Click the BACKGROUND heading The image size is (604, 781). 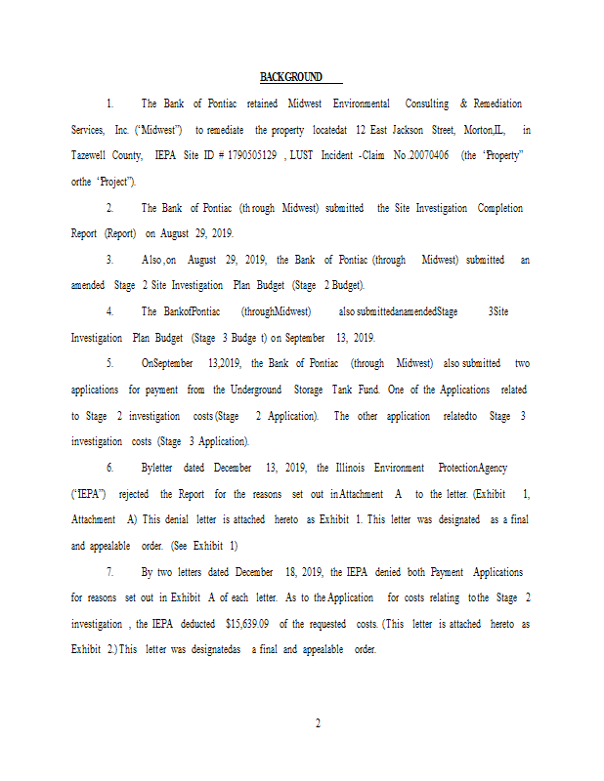(x=291, y=77)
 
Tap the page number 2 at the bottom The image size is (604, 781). (x=318, y=723)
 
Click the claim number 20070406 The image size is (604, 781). (x=431, y=155)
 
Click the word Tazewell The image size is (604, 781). (x=92, y=155)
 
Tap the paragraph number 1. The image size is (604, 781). (x=109, y=103)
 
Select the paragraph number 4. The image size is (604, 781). (x=109, y=311)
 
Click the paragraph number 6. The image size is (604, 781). (x=109, y=468)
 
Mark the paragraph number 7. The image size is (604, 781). (x=109, y=571)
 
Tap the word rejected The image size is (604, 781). (x=128, y=494)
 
